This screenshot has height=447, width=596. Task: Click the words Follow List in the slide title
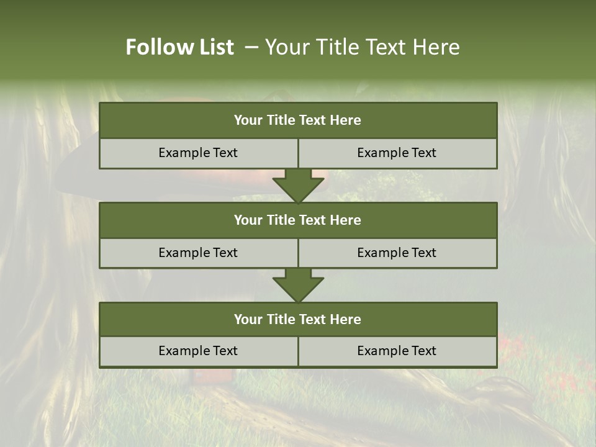point(180,47)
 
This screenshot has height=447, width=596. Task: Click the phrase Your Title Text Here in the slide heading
point(363,47)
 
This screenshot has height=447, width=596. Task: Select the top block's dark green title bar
point(298,120)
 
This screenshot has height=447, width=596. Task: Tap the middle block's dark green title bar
point(298,220)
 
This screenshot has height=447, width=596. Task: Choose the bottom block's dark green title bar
point(298,320)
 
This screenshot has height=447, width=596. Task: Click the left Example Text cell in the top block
point(198,153)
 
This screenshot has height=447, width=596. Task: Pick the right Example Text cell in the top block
point(397,153)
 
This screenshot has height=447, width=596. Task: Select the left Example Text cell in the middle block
point(198,253)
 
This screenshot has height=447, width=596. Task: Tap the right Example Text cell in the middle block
point(397,253)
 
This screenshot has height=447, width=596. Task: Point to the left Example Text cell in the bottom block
point(198,351)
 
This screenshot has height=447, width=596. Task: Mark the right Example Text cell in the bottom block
point(397,351)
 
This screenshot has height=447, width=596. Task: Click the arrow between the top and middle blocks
point(298,186)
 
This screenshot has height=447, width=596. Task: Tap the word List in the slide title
point(214,47)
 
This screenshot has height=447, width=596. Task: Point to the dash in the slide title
point(251,47)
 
